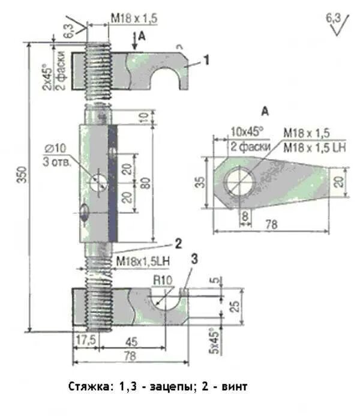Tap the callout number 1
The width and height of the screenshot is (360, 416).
(x=206, y=59)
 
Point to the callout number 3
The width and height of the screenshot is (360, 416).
(x=194, y=259)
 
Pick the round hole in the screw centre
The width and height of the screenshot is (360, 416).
(x=97, y=181)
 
